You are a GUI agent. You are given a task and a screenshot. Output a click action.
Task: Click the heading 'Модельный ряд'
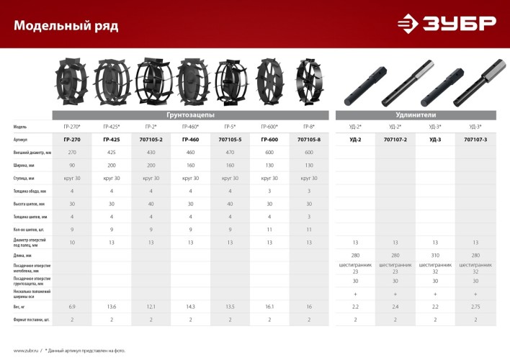pyautogui.click(x=66, y=27)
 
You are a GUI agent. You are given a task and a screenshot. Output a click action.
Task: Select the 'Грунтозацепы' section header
pyautogui.click(x=190, y=115)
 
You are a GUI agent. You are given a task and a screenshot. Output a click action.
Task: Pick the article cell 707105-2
pyautogui.click(x=151, y=139)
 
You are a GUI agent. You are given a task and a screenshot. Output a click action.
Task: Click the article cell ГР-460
pyautogui.click(x=191, y=139)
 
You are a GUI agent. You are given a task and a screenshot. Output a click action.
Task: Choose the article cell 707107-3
pyautogui.click(x=475, y=139)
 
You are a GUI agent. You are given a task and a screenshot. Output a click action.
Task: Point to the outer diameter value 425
pyautogui.click(x=112, y=153)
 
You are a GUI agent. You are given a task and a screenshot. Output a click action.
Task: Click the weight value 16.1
pyautogui.click(x=270, y=307)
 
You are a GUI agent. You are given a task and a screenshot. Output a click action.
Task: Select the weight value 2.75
pyautogui.click(x=475, y=307)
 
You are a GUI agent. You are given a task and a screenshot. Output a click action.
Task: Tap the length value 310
pyautogui.click(x=435, y=255)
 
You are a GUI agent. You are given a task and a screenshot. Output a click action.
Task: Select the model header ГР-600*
pyautogui.click(x=270, y=127)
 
